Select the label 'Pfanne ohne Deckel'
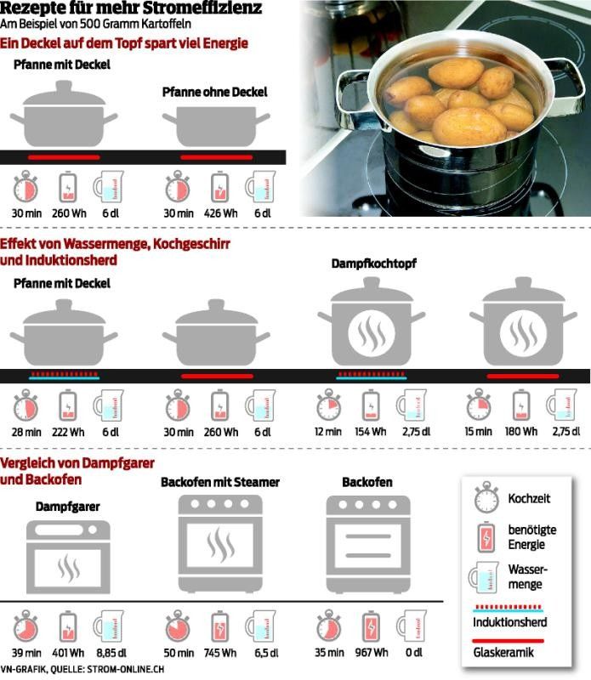214,92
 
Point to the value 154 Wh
371,432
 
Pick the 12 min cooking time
328,432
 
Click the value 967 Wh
371,653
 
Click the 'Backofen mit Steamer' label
220,482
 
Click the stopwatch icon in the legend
487,498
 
